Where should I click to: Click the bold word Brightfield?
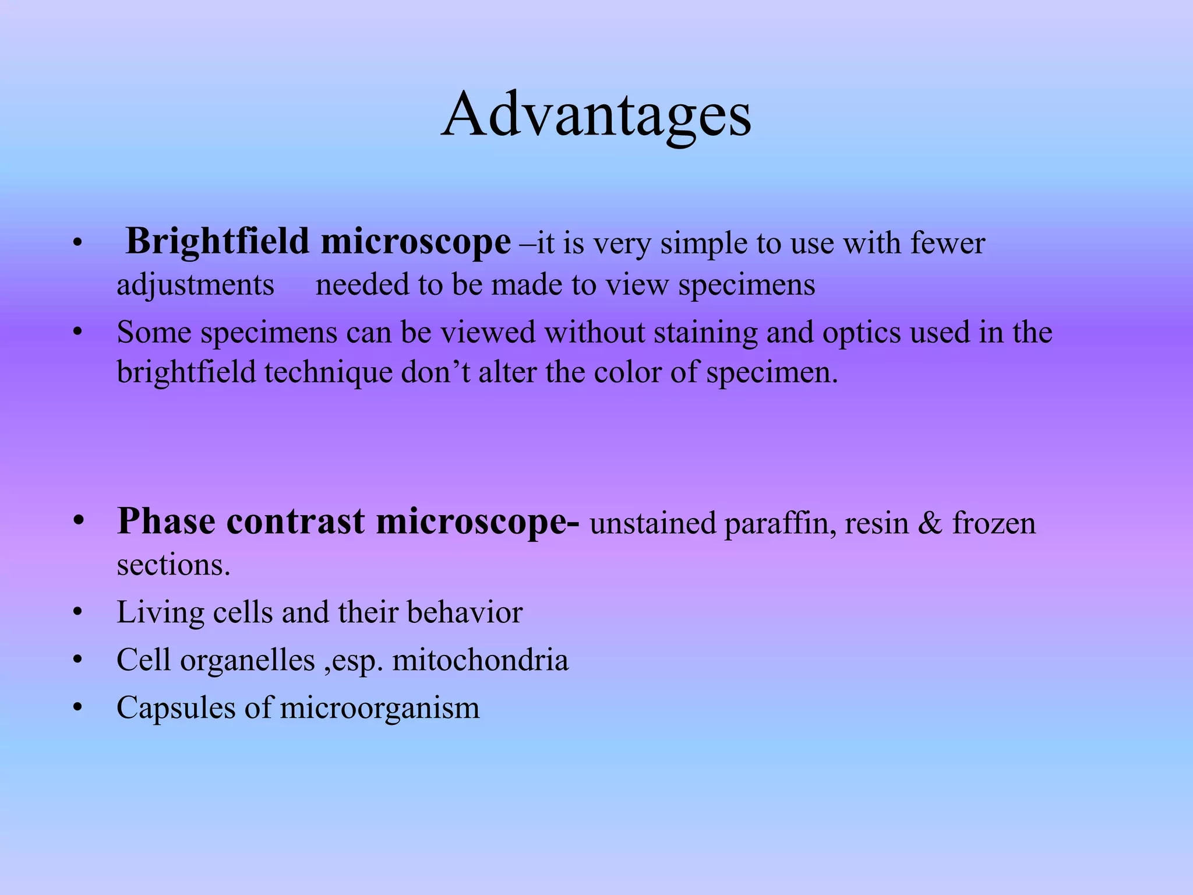point(217,242)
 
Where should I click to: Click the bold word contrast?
point(295,522)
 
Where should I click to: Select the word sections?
point(173,565)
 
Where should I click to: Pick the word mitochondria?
point(480,661)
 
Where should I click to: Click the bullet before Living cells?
point(78,613)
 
